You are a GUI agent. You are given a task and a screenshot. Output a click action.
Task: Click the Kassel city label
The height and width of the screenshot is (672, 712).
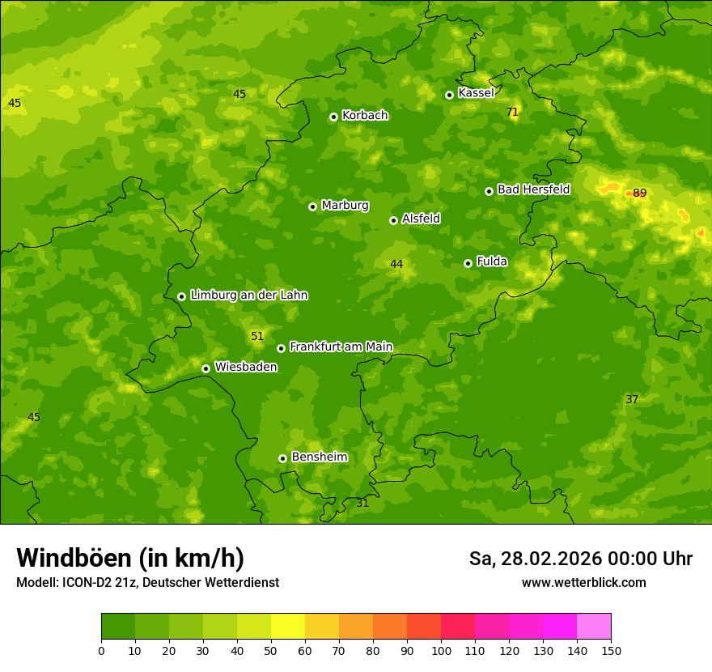pyautogui.click(x=476, y=93)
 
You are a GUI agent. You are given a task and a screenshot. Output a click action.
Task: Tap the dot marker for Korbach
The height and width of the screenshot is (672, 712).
pyautogui.click(x=333, y=117)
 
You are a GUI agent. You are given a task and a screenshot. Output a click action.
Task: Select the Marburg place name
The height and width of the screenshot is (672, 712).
pyautogui.click(x=345, y=206)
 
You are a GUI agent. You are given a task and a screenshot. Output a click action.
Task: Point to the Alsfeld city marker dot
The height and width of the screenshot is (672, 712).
pyautogui.click(x=393, y=220)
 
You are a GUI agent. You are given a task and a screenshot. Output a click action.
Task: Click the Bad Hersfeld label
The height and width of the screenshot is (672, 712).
pyautogui.click(x=533, y=189)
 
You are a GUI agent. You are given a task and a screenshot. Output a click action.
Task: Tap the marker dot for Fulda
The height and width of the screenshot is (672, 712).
pyautogui.click(x=468, y=263)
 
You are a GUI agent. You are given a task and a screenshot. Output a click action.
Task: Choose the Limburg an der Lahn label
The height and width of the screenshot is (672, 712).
pyautogui.click(x=248, y=296)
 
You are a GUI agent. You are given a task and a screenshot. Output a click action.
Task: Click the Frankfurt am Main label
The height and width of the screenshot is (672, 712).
pyautogui.click(x=341, y=347)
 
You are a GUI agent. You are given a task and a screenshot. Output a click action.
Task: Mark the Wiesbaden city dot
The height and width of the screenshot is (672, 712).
pyautogui.click(x=206, y=368)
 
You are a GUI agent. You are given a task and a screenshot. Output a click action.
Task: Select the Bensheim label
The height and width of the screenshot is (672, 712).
pyautogui.click(x=319, y=457)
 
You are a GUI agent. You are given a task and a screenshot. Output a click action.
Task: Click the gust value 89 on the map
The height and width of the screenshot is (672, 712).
pyautogui.click(x=639, y=193)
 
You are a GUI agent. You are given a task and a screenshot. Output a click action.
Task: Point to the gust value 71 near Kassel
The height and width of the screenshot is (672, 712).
pyautogui.click(x=512, y=112)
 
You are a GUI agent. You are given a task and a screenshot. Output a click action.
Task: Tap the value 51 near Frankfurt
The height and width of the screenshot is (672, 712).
pyautogui.click(x=257, y=336)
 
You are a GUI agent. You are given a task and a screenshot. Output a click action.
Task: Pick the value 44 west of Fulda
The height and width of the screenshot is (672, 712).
pyautogui.click(x=396, y=264)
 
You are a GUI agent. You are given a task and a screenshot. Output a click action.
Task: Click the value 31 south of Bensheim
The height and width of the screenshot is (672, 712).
pyautogui.click(x=362, y=503)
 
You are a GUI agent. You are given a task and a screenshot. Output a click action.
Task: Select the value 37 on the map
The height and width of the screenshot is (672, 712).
pyautogui.click(x=632, y=399)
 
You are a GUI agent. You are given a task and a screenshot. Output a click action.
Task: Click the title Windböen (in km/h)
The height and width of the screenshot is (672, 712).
pyautogui.click(x=130, y=558)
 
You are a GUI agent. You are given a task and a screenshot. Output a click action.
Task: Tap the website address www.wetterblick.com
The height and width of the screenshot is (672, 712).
pyautogui.click(x=583, y=582)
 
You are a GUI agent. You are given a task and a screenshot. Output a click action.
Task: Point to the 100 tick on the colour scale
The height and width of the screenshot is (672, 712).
pyautogui.click(x=441, y=650)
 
